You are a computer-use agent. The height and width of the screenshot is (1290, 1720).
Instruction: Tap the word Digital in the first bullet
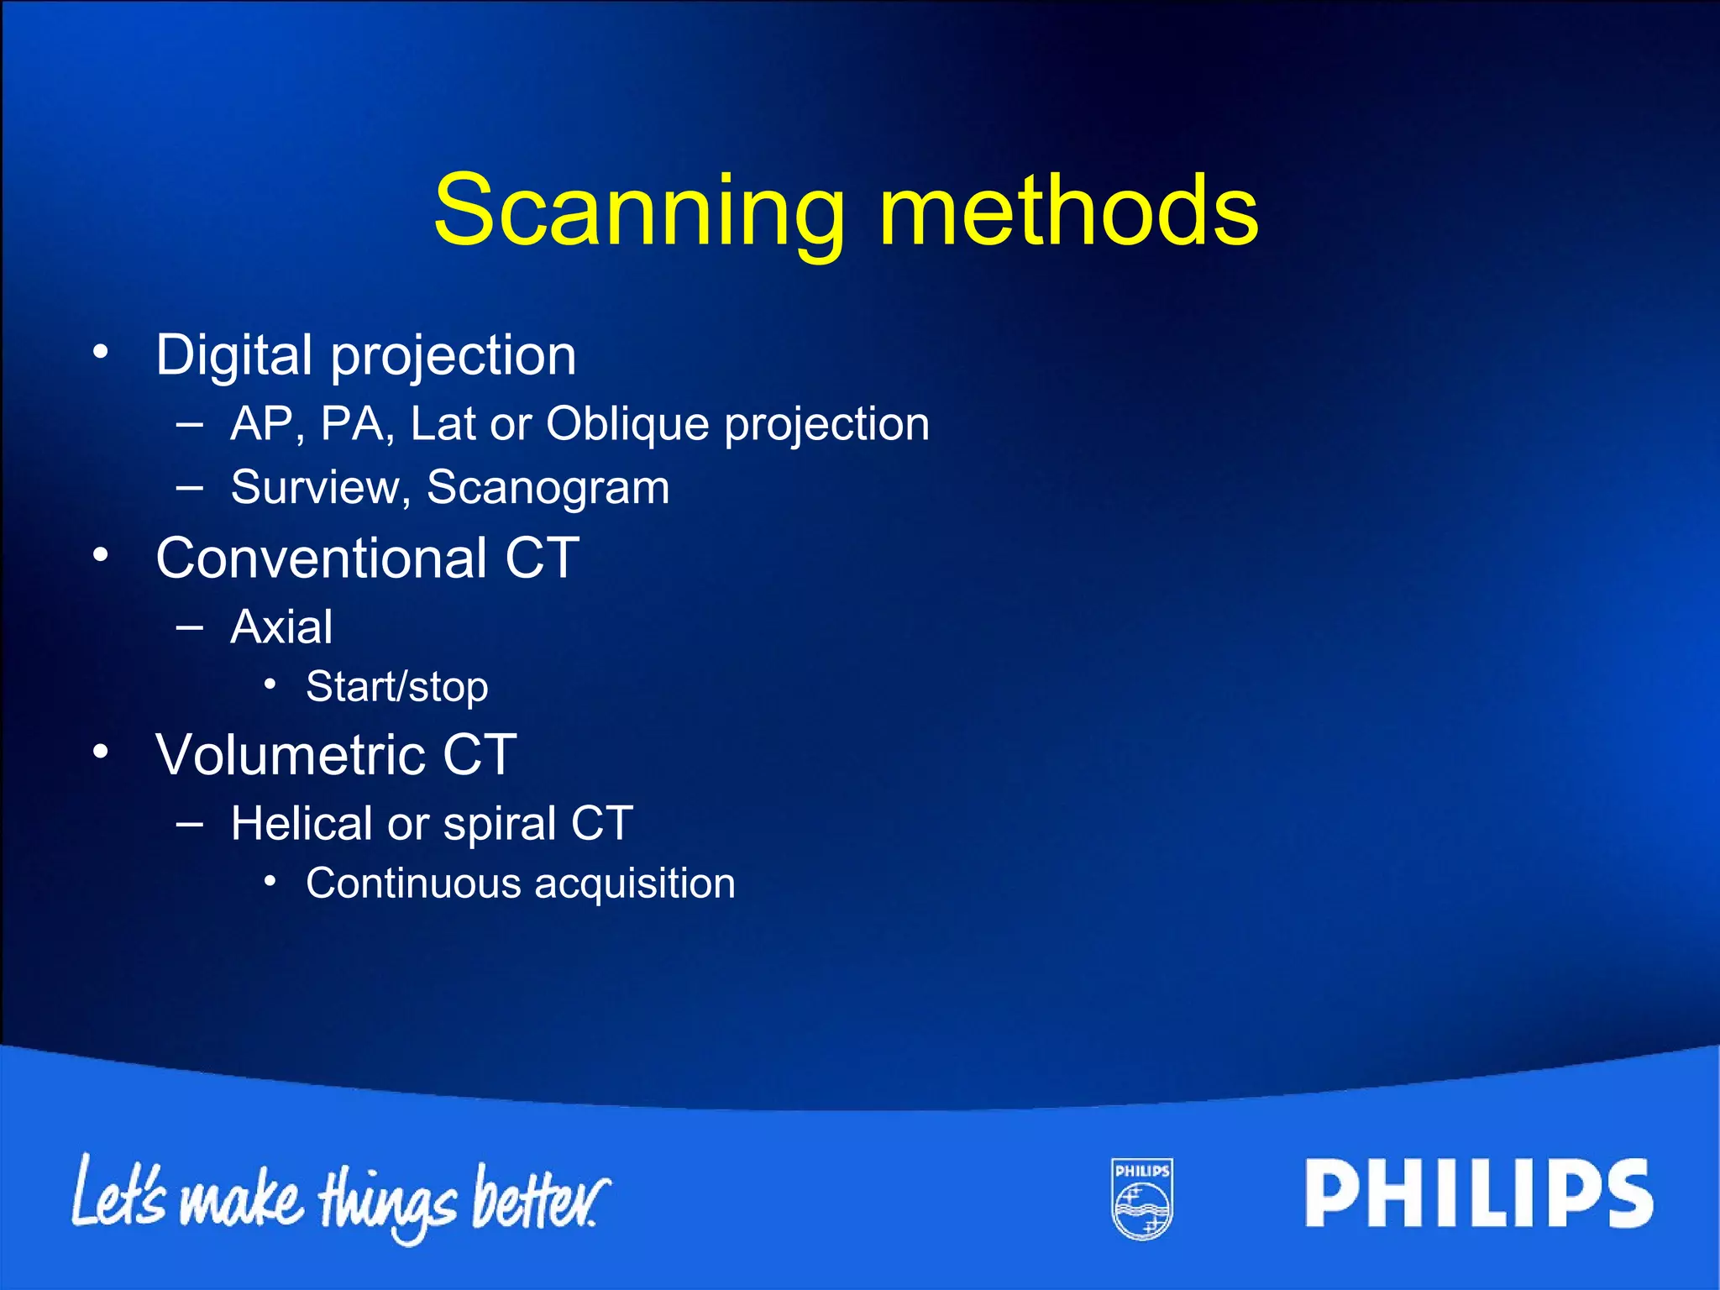tap(234, 356)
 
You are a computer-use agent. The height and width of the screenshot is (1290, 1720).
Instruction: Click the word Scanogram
tap(548, 488)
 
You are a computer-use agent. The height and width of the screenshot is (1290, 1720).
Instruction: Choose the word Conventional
tap(321, 558)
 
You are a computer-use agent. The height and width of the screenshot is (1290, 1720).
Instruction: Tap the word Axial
tap(281, 627)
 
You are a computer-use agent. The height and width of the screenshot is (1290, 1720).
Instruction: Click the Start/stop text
tap(396, 688)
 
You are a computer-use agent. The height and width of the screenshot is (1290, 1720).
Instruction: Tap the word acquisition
tap(635, 884)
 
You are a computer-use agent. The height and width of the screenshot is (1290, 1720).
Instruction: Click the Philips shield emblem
tap(1142, 1198)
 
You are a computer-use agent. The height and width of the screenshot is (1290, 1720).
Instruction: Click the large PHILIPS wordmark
tap(1478, 1193)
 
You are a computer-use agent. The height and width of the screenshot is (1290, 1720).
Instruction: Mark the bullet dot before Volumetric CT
tap(101, 752)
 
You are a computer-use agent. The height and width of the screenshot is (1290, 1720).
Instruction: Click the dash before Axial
tap(190, 627)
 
